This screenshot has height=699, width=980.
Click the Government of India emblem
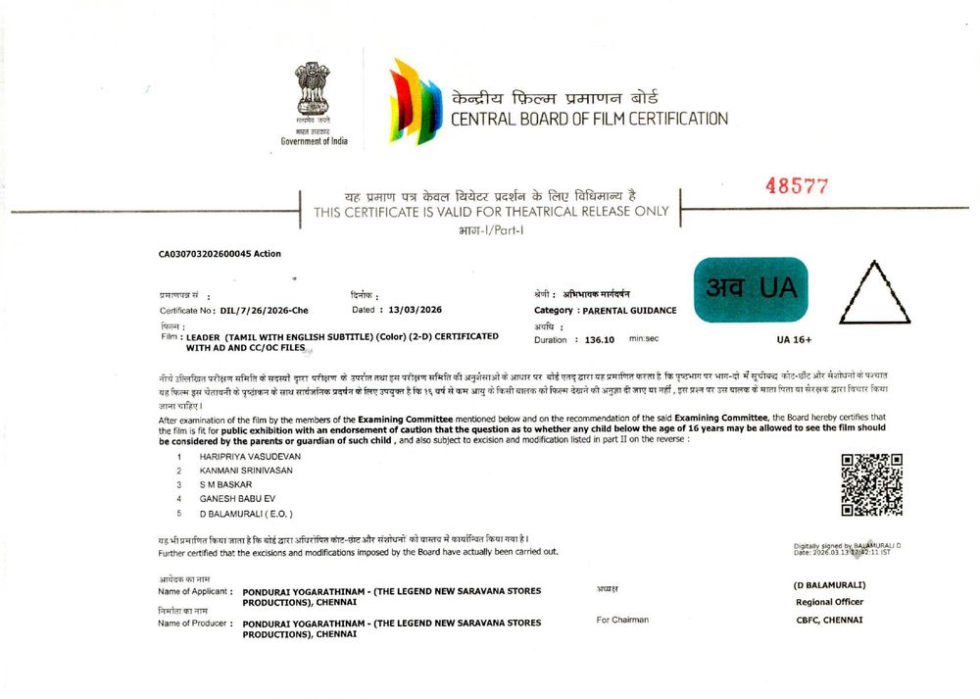[314, 91]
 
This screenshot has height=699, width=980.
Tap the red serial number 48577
[797, 186]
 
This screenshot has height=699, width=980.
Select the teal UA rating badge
[751, 289]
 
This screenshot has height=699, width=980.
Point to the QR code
[871, 484]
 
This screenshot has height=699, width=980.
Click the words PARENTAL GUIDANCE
[629, 310]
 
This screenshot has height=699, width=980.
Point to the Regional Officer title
[829, 602]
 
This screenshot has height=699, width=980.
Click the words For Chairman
[622, 620]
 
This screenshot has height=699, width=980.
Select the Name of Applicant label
[194, 592]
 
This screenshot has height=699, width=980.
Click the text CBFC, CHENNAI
[829, 620]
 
